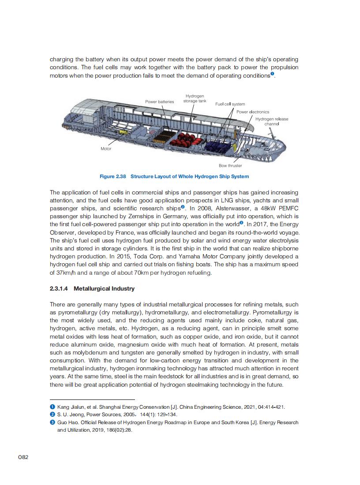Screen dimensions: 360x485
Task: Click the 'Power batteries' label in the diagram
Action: (159, 102)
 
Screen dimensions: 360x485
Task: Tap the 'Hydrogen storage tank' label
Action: (195, 98)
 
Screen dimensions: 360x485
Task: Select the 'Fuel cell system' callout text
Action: (230, 104)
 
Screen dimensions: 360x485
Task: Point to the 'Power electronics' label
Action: (253, 112)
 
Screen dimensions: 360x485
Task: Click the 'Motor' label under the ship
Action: (106, 149)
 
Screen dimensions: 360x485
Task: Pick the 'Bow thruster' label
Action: (230, 166)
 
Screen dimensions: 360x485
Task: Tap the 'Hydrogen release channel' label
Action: (272, 122)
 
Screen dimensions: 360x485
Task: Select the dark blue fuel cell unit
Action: (218, 145)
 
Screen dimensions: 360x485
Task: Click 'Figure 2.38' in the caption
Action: (112, 177)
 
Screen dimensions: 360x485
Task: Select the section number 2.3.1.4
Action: (59, 289)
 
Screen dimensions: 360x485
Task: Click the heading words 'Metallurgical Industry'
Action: (104, 289)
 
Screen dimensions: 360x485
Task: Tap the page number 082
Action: (23, 457)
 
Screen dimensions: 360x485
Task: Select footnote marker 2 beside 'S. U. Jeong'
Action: (52, 414)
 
